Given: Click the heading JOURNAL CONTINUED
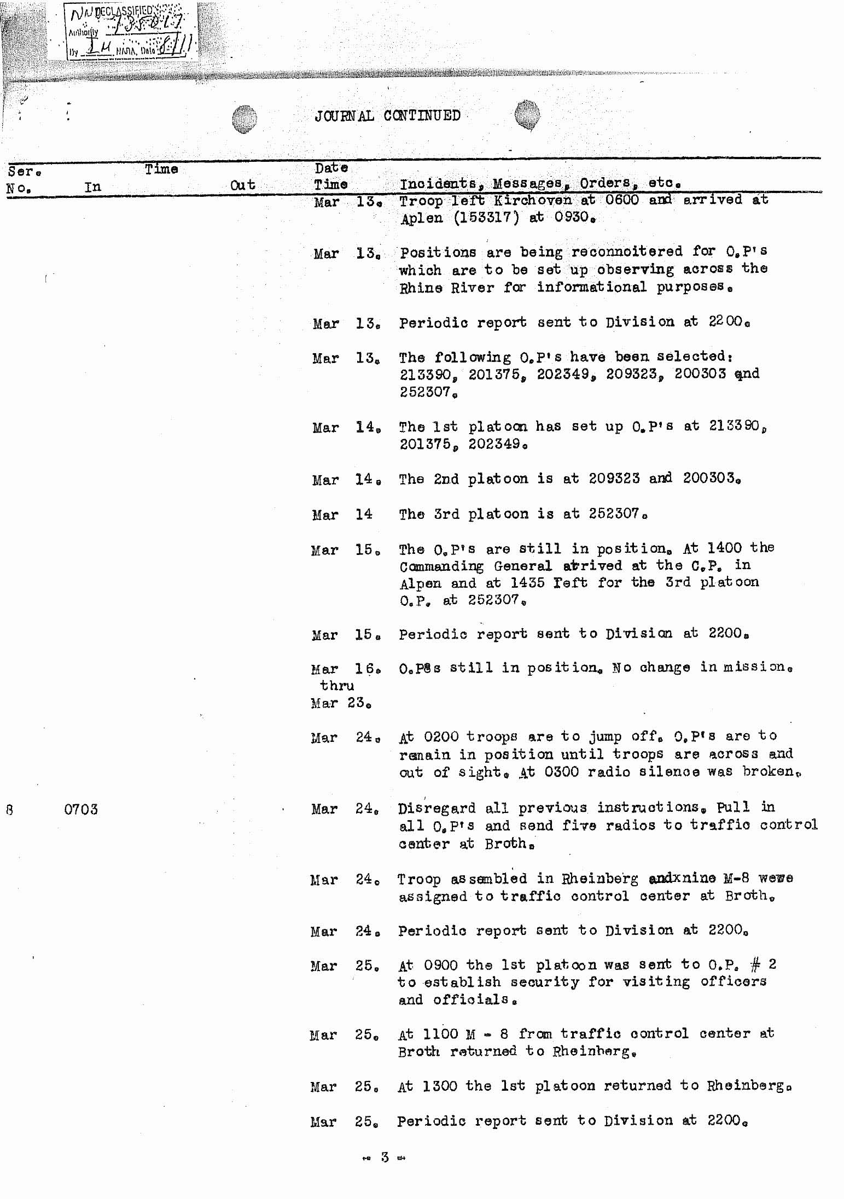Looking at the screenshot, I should point(387,116).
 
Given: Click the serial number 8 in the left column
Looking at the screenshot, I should point(9,809).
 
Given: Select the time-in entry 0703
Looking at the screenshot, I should point(80,809).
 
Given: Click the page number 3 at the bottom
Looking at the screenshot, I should point(385,1157).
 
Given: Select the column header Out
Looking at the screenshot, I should point(242,185).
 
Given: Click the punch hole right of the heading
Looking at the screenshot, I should point(527,115).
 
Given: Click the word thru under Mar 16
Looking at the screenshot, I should point(337,686).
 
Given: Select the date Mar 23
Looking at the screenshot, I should point(340,703).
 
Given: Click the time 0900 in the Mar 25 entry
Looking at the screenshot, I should point(440,965).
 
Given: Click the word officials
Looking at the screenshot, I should point(475,1000).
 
